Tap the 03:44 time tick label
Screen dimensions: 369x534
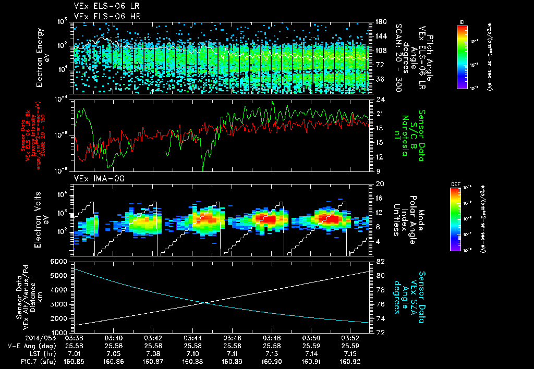click(192, 338)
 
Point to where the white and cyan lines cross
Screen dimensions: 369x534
click(206, 302)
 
